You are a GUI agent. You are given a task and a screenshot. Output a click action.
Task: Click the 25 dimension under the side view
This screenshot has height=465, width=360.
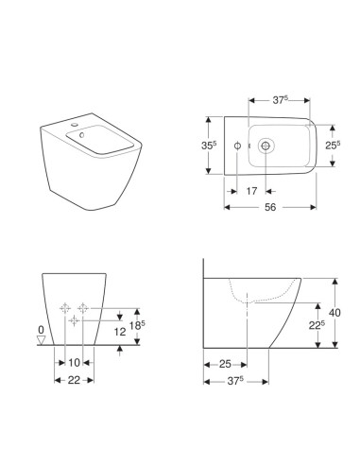(x=227, y=364)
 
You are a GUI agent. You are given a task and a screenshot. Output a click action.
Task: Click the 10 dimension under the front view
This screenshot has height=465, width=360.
(x=75, y=364)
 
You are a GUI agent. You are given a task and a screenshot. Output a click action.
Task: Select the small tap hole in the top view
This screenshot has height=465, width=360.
(x=236, y=146)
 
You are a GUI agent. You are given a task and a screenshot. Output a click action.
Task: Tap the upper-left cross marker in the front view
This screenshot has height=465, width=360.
(x=64, y=307)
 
